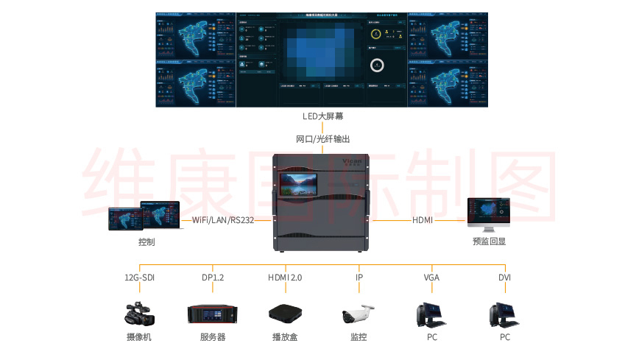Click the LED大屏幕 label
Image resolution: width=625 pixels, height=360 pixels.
coord(323,116)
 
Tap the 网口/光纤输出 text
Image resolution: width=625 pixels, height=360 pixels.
coord(323,139)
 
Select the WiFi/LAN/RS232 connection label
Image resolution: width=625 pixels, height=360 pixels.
coord(223,220)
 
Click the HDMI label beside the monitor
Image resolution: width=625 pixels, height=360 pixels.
coord(423,220)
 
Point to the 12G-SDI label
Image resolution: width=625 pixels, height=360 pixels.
coord(139,278)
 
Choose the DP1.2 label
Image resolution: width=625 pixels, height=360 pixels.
coord(213,278)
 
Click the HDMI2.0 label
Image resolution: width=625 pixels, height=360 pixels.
coord(285,278)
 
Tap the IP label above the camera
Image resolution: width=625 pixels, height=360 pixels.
coord(359,278)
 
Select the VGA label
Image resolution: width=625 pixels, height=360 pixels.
coord(431,278)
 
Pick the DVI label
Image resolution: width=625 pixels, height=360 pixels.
coord(505,278)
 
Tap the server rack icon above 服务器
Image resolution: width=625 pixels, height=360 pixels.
coord(213,314)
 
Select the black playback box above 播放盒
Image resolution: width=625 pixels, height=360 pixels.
coord(285,314)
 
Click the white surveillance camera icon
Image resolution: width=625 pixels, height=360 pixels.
coord(359,315)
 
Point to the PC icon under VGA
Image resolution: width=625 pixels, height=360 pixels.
coord(431,314)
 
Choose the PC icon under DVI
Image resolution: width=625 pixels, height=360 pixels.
coord(505,314)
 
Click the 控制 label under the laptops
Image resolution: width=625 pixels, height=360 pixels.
coord(146,241)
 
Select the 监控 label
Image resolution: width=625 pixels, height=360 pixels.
coord(359,337)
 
